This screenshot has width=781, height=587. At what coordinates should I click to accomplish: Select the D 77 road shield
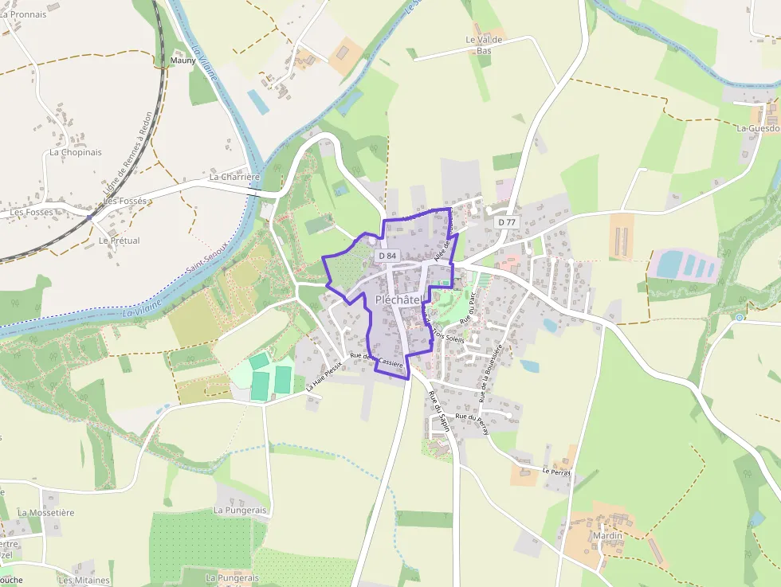[507, 222]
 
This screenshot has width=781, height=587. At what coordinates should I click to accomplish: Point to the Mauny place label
[183, 60]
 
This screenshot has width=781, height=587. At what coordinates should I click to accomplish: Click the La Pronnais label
[23, 14]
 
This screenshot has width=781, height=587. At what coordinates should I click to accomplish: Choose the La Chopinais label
[76, 152]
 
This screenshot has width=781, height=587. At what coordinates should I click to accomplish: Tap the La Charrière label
[235, 177]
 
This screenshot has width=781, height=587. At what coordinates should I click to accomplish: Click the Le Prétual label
[119, 241]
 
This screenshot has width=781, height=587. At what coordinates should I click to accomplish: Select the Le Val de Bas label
[485, 45]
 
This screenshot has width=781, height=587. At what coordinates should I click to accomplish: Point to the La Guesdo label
[758, 127]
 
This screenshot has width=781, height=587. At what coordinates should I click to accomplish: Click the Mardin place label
[607, 535]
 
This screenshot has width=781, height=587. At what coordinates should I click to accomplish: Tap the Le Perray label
[559, 472]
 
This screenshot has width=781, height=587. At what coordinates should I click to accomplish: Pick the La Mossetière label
[45, 513]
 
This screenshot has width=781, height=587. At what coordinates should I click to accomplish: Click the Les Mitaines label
[84, 580]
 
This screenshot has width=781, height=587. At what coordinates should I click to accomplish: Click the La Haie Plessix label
[324, 376]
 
